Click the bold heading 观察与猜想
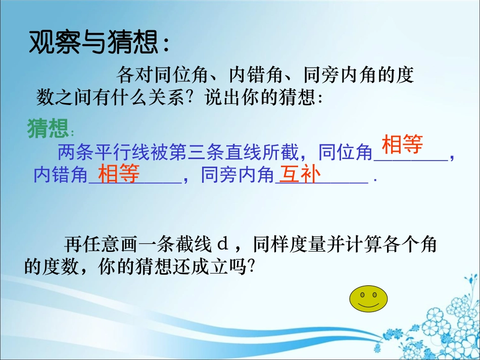(x=95, y=42)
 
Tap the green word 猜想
(x=48, y=128)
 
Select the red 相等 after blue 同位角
(x=402, y=144)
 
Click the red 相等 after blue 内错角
(x=119, y=173)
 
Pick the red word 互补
(x=300, y=174)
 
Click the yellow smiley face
(x=368, y=299)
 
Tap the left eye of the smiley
(x=362, y=295)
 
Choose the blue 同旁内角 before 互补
(x=237, y=175)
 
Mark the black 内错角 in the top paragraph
(x=257, y=75)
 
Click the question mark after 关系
(x=192, y=97)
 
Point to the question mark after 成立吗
(x=252, y=267)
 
